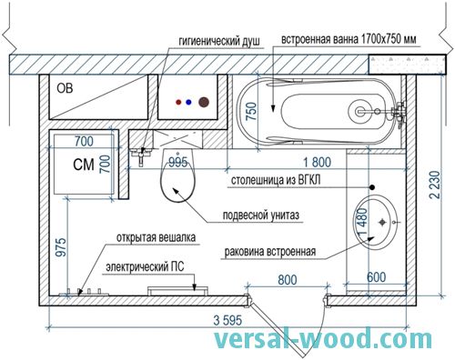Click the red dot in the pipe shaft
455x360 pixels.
[x=178, y=103]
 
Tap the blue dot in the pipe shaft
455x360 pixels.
[x=189, y=103]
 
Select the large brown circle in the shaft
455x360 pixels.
[x=204, y=103]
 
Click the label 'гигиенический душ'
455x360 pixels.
[x=219, y=41]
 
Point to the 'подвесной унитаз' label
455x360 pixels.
[x=261, y=215]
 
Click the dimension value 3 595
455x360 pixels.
[x=227, y=320]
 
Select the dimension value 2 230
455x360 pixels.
[x=435, y=185]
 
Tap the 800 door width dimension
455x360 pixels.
[x=288, y=280]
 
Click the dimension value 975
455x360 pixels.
[x=61, y=247]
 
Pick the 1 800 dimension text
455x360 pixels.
[x=318, y=163]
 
